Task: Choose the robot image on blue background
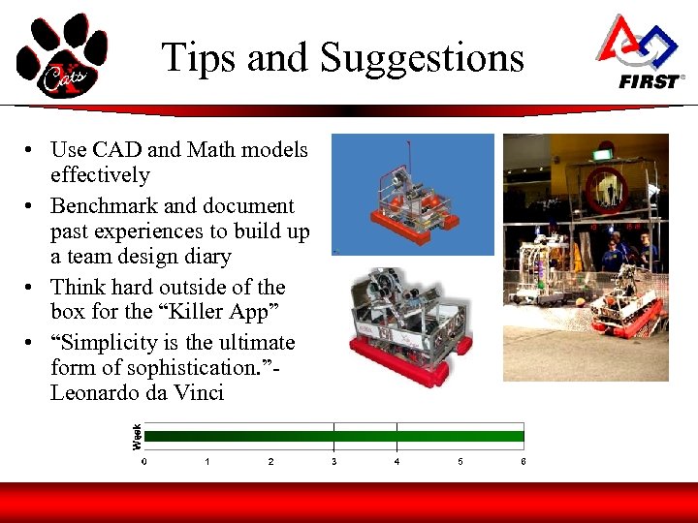(x=413, y=195)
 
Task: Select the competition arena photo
(x=586, y=257)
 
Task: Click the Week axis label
(x=137, y=436)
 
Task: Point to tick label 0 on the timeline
(x=144, y=462)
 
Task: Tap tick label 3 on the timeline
(x=333, y=462)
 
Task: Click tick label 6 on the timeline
(x=523, y=462)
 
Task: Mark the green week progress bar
(x=333, y=437)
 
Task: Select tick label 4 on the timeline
(x=397, y=462)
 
